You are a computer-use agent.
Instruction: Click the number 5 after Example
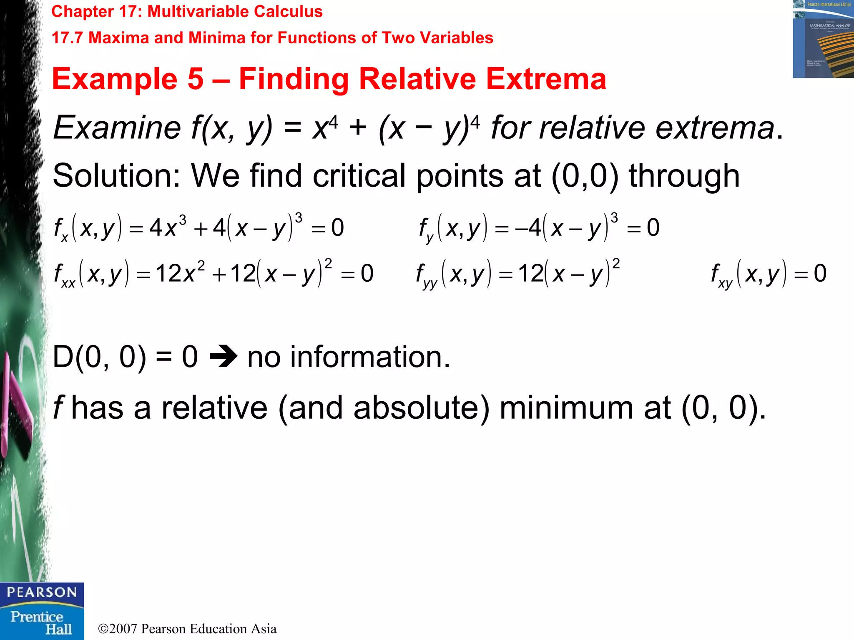(195, 79)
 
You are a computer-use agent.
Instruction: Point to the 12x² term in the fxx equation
(180, 273)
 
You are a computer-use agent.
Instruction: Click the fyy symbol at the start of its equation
(426, 275)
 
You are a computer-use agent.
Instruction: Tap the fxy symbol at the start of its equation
(721, 275)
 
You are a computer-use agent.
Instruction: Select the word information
(369, 357)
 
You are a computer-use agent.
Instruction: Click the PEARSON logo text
(42, 592)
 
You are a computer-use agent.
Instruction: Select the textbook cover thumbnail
(823, 39)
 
